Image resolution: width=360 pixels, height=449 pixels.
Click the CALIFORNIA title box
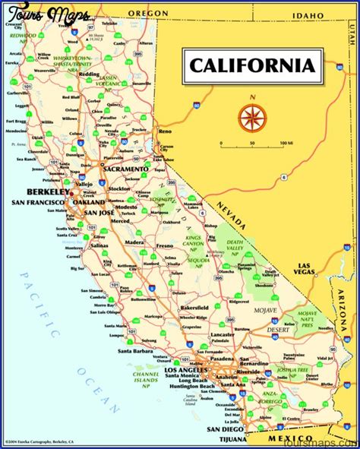click(251, 65)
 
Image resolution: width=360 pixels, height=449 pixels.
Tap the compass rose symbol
click(250, 116)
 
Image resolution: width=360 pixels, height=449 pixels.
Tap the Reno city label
click(165, 131)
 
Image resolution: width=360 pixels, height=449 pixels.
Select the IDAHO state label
click(288, 14)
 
